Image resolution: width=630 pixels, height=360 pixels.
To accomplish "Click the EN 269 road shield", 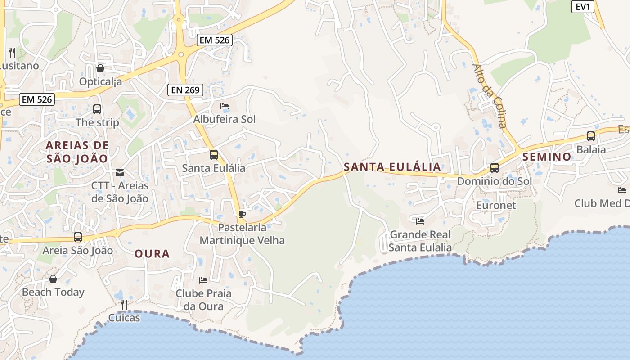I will pos(185,90).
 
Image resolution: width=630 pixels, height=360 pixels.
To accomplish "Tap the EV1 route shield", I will pos(583,7).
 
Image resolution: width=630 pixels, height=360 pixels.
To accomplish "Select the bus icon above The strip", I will pos(97,109).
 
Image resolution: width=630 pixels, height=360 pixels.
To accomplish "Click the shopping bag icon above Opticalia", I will pos(100,68).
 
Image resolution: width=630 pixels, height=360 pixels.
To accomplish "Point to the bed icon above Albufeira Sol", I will pos(225,106).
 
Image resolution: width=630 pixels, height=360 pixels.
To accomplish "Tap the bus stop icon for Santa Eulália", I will pos(213,155).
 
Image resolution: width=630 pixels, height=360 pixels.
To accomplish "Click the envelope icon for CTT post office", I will pos(120,173).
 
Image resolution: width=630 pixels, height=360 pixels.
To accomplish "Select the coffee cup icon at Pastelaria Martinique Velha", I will pos(242,214).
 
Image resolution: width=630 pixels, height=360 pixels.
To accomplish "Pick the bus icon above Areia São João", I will pos(78,237).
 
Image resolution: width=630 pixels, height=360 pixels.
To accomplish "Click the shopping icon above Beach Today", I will pos(53,279).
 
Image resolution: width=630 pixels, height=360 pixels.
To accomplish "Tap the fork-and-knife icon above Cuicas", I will pos(124,305).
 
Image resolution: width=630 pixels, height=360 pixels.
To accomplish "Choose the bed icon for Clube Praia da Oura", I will pos(203,280).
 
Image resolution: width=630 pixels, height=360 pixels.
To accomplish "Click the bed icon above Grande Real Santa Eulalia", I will pos(420,221).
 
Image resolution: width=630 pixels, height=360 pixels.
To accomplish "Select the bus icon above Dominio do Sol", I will pos(495,168).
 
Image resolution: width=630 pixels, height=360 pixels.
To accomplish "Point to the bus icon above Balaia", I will pos(591,136).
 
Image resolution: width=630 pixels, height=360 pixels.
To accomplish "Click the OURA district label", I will pos(152,254).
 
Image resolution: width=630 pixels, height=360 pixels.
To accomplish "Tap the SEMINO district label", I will pos(547,157).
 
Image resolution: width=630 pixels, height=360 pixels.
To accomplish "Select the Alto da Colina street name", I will pos(490,95).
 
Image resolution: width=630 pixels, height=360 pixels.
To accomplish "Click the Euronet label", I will pos(496,205).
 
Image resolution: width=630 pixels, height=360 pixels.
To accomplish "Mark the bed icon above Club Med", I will pos(622,190).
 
